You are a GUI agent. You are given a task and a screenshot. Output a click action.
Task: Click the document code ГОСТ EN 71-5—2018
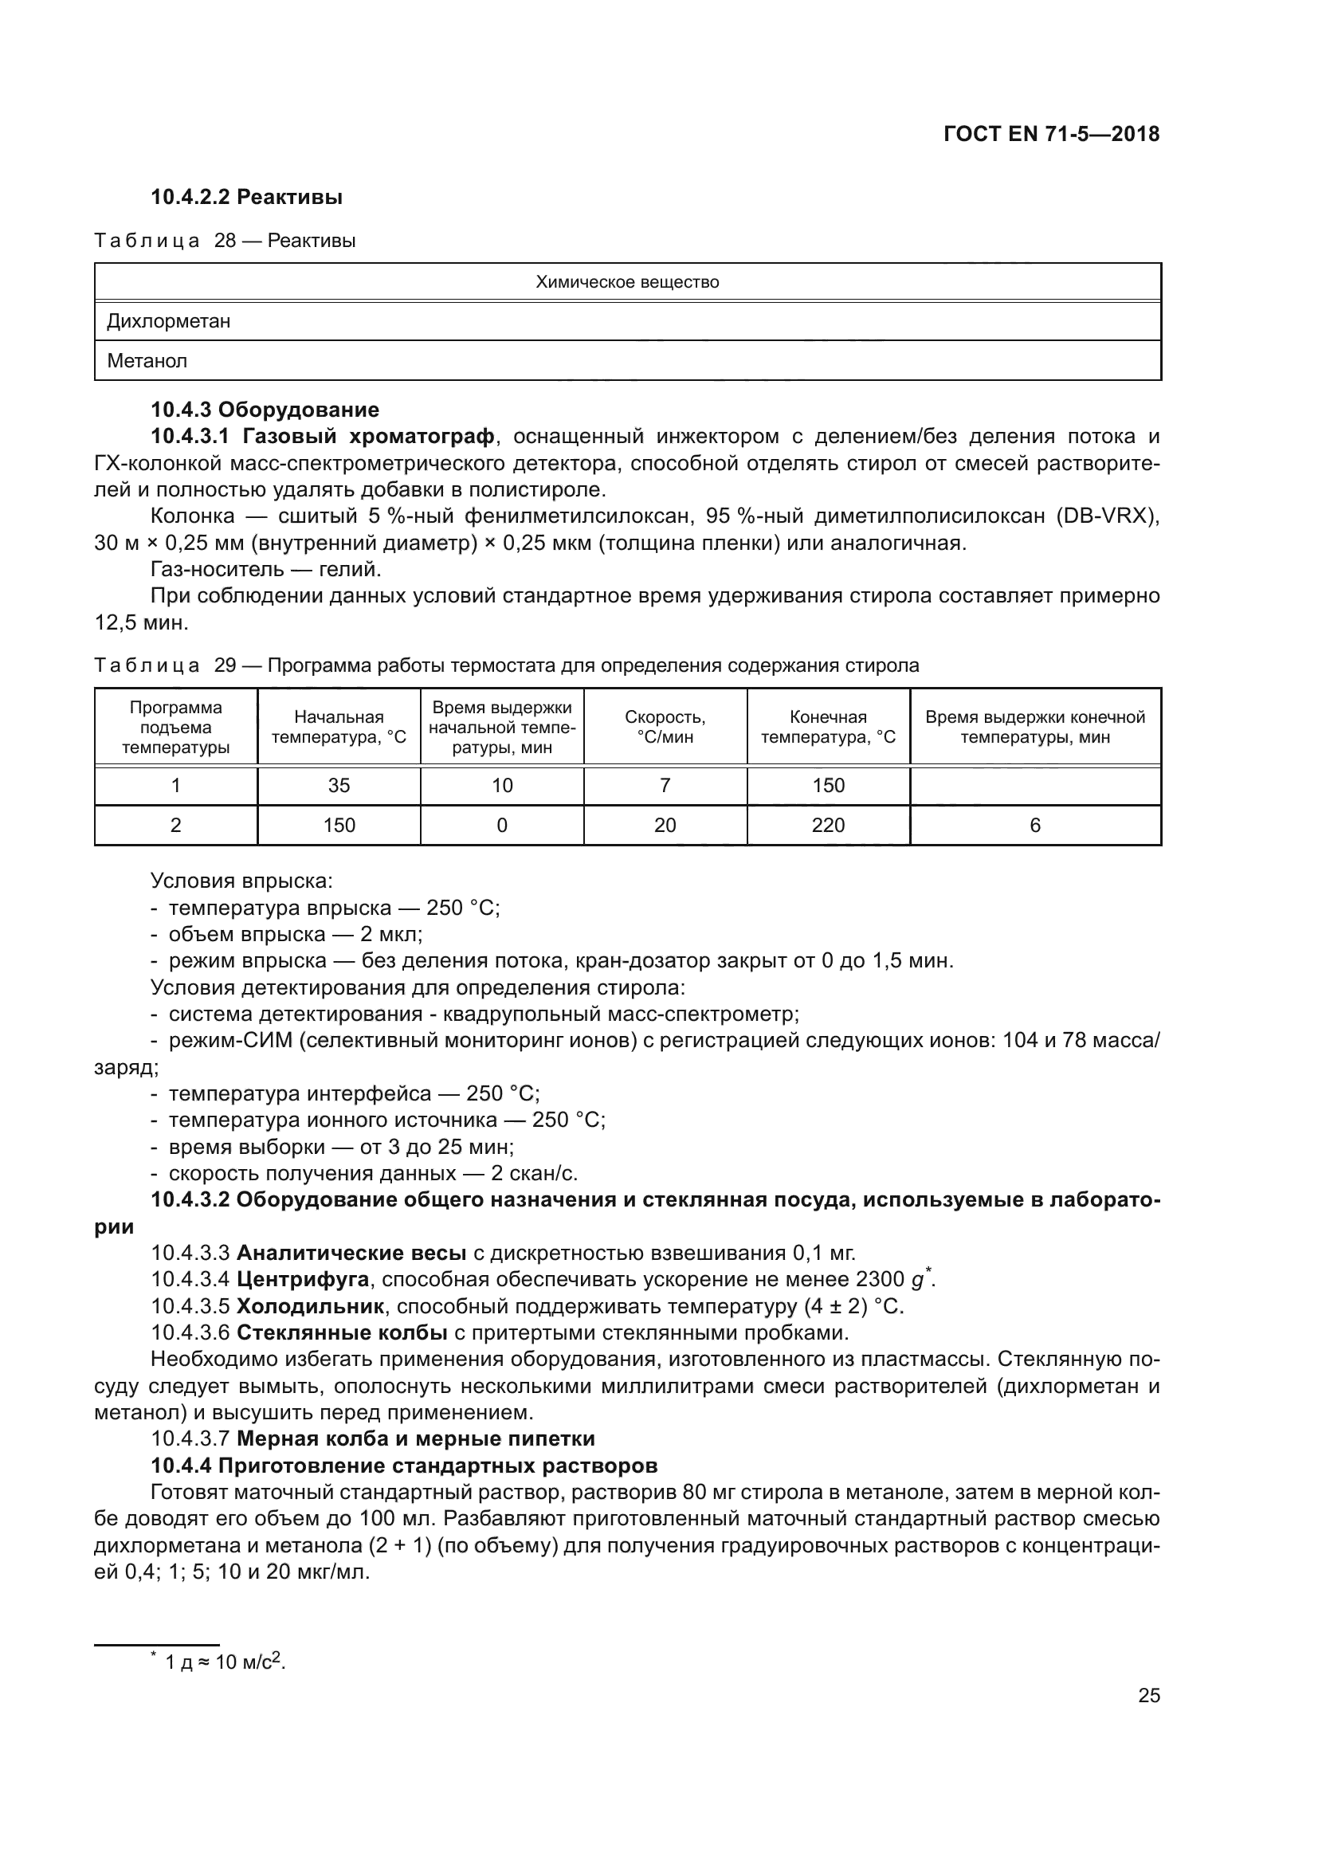point(1051,135)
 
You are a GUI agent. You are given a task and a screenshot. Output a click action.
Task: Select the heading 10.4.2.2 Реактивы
point(247,198)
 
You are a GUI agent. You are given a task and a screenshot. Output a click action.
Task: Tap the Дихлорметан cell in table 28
point(169,321)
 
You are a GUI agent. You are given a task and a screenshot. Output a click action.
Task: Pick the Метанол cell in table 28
point(147,361)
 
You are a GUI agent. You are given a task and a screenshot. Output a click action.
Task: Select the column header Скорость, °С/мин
point(665,728)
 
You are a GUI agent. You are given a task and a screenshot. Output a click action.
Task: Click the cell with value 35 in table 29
point(339,786)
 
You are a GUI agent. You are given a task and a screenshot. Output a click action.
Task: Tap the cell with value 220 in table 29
point(828,826)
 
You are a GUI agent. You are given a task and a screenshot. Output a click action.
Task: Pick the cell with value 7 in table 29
point(665,786)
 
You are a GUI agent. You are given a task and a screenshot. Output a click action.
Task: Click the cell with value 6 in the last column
point(1035,826)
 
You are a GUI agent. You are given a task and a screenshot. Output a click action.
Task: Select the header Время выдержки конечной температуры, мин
point(1035,728)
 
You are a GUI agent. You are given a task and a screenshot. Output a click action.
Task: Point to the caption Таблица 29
point(165,665)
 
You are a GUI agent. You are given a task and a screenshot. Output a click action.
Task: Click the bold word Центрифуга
point(303,1281)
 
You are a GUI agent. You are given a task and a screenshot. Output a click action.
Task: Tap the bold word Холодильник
point(310,1307)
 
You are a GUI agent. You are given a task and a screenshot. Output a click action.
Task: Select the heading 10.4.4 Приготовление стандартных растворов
point(403,1466)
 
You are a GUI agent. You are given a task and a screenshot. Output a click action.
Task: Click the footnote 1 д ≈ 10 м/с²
point(225,1662)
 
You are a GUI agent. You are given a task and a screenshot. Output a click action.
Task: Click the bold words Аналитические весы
point(351,1254)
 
